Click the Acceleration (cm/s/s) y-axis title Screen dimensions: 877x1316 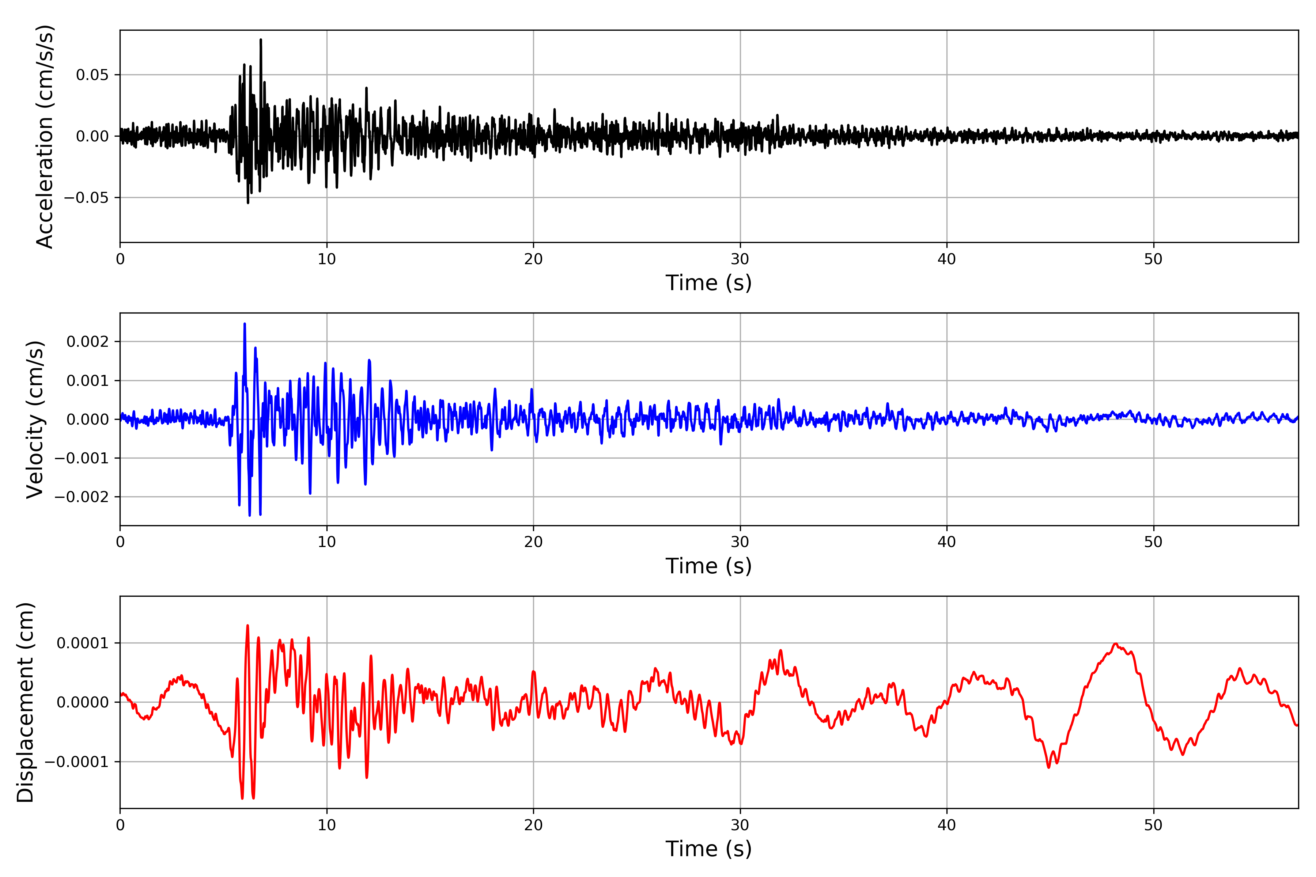tap(44, 136)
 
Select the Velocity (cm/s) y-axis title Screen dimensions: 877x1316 tap(35, 419)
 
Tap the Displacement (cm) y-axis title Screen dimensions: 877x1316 tap(25, 702)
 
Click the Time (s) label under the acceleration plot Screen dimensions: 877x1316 tap(708, 283)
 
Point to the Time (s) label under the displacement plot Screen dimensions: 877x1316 tap(708, 849)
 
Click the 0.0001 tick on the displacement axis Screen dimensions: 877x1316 tap(82, 643)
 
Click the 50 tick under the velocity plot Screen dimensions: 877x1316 tap(1153, 542)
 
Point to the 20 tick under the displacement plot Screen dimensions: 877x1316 tap(533, 825)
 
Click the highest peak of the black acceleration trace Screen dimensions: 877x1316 tap(261, 40)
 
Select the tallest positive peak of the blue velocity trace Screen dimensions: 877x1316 tap(245, 324)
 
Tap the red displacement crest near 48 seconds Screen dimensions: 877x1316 tap(1115, 644)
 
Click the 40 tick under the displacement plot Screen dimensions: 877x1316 tap(947, 825)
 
